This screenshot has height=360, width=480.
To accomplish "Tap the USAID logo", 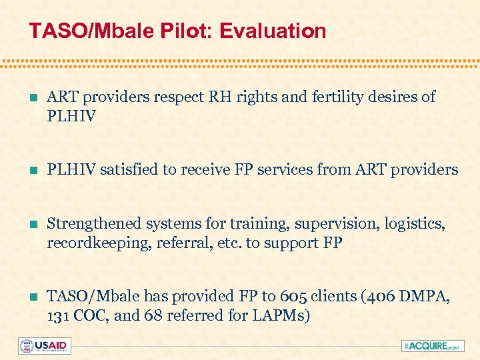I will (44, 345).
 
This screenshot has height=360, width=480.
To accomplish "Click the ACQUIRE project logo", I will (431, 345).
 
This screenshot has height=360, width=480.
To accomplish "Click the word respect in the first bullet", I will (179, 97).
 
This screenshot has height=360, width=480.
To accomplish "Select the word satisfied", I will (131, 170).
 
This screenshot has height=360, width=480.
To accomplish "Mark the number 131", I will (58, 315).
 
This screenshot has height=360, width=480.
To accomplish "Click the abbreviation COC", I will (91, 315).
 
